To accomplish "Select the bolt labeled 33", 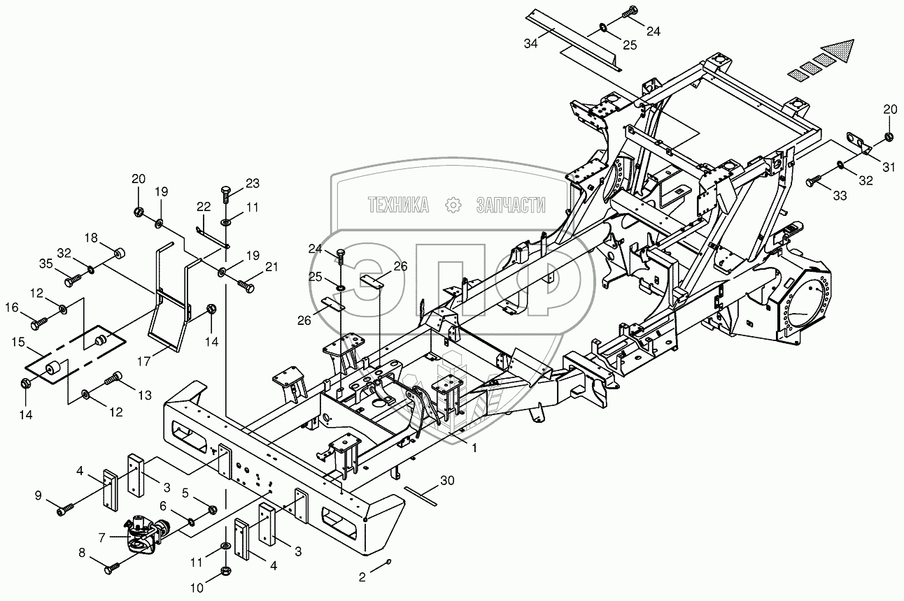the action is coord(814,182).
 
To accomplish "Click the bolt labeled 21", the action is coord(246,285).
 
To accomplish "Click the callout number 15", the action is coord(17,343).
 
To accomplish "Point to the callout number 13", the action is coord(144,396).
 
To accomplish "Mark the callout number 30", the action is coord(448,479).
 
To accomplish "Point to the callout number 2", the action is coord(362,579).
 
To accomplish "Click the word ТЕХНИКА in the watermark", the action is coord(398,204).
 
